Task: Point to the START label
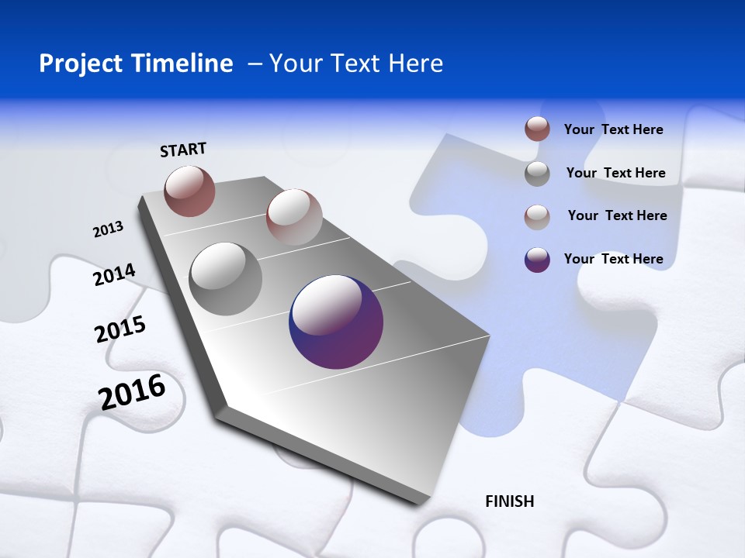(x=183, y=150)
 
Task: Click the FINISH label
(x=510, y=501)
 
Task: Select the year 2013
(x=108, y=229)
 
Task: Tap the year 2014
(x=114, y=275)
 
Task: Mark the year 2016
(x=132, y=392)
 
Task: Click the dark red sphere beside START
(x=189, y=191)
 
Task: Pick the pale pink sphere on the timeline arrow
(x=294, y=216)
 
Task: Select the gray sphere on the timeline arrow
(x=225, y=278)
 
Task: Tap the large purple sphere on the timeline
(x=336, y=322)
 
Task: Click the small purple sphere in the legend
(x=537, y=260)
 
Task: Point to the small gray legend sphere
(x=537, y=174)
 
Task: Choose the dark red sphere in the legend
(x=537, y=129)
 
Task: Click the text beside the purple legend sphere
(x=613, y=259)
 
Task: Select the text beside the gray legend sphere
(x=615, y=173)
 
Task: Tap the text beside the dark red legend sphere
(x=613, y=129)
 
